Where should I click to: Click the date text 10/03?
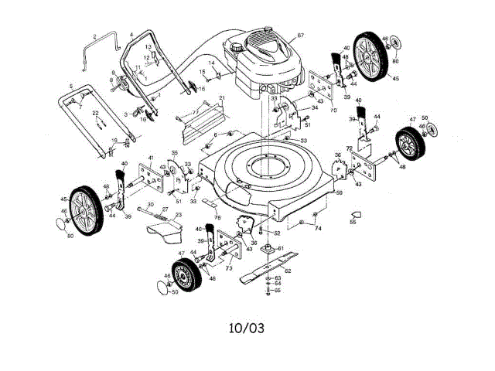point(246,328)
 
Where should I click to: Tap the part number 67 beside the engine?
point(301,36)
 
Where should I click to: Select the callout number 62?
point(288,271)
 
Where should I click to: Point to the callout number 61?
point(282,248)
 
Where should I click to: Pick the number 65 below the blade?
point(278,291)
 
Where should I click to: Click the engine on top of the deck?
point(267,62)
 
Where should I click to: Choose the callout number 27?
point(165,210)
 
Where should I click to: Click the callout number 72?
point(350,147)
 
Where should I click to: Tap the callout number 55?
point(353,223)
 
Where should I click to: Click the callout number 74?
point(318,229)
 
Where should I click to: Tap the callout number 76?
point(217,218)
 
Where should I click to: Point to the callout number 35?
point(175,154)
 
